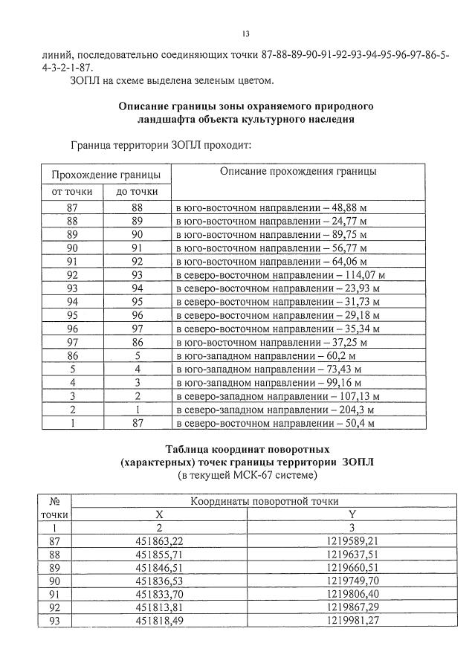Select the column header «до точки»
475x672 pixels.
(137, 192)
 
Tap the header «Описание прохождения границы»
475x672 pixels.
(297, 171)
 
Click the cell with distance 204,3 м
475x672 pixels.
(275, 409)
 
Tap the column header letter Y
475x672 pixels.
(352, 514)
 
